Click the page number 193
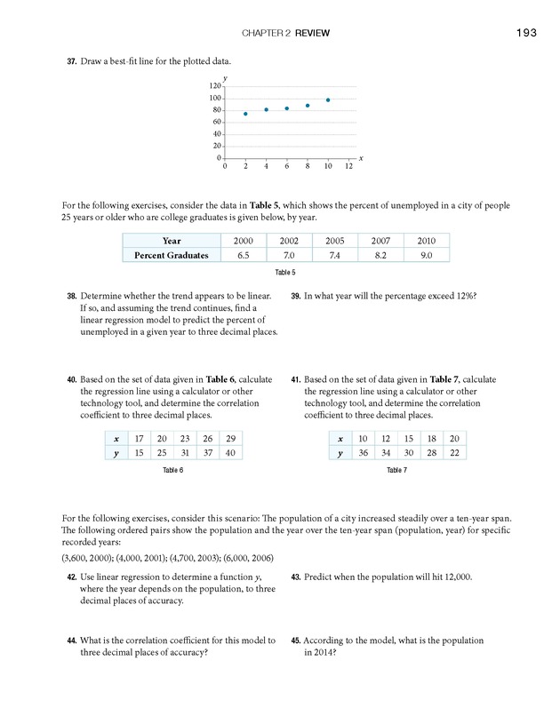(x=524, y=34)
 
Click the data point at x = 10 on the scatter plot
(x=328, y=100)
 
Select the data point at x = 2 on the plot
(x=245, y=114)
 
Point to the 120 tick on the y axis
(x=215, y=86)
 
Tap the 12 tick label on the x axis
(x=348, y=166)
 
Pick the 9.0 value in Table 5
(x=426, y=255)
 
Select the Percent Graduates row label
(x=172, y=255)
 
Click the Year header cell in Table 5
(x=172, y=241)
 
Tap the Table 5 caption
(x=285, y=273)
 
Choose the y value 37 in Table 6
(x=207, y=453)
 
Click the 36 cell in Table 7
(x=363, y=453)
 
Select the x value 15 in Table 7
(x=408, y=439)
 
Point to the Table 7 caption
(x=396, y=470)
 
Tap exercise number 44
(x=71, y=640)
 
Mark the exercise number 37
(x=71, y=61)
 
